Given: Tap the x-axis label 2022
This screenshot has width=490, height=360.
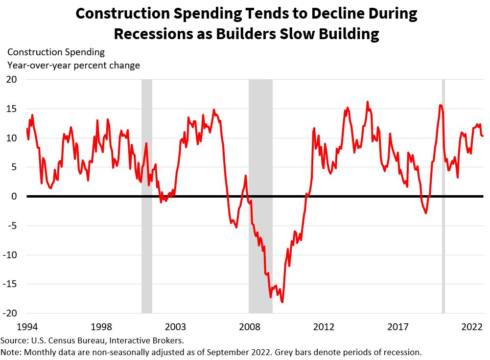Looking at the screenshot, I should point(473,326).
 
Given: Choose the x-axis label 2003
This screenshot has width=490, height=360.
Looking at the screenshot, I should point(175,326).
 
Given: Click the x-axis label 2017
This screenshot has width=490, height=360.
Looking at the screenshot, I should point(398,326).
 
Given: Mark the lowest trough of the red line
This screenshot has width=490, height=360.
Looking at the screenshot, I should point(282,302).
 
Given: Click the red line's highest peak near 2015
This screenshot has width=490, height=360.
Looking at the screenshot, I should point(367,102).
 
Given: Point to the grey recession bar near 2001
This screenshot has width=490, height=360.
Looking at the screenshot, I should point(147,196).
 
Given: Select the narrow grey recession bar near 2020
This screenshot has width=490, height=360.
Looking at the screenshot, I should point(443,196).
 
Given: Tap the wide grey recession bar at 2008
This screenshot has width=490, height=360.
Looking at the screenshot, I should point(260,196).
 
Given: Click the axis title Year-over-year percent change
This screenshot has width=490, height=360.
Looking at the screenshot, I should point(73,65).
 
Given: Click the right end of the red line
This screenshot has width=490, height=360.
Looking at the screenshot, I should point(483,136).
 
